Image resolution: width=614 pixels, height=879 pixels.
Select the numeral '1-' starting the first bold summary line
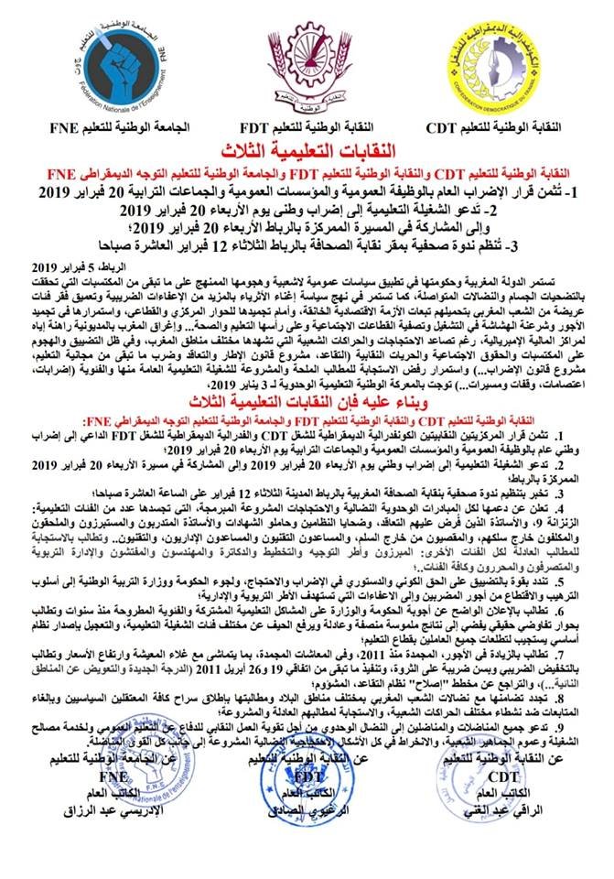[592, 194]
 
